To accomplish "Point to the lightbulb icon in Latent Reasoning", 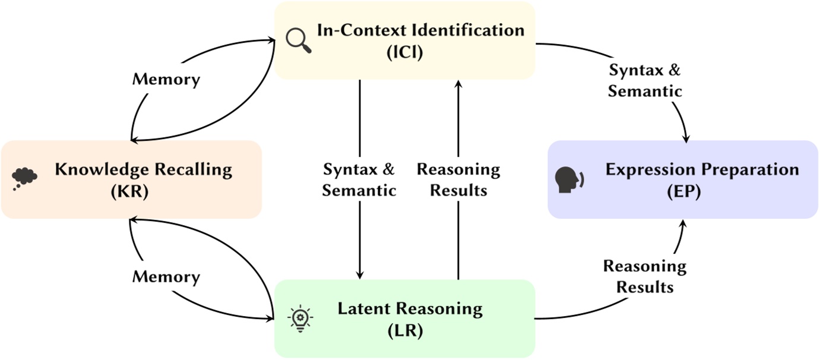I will tap(300, 318).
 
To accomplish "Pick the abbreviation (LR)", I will tap(410, 331).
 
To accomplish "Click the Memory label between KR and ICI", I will tap(166, 80).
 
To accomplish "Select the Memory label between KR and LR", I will tap(166, 277).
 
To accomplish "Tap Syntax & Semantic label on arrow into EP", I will tap(645, 81).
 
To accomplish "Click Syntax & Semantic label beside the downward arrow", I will tap(359, 180).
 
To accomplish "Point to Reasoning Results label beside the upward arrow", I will tap(458, 180).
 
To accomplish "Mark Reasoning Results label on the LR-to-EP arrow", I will tap(645, 277).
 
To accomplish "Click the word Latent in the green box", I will tap(366, 310).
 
